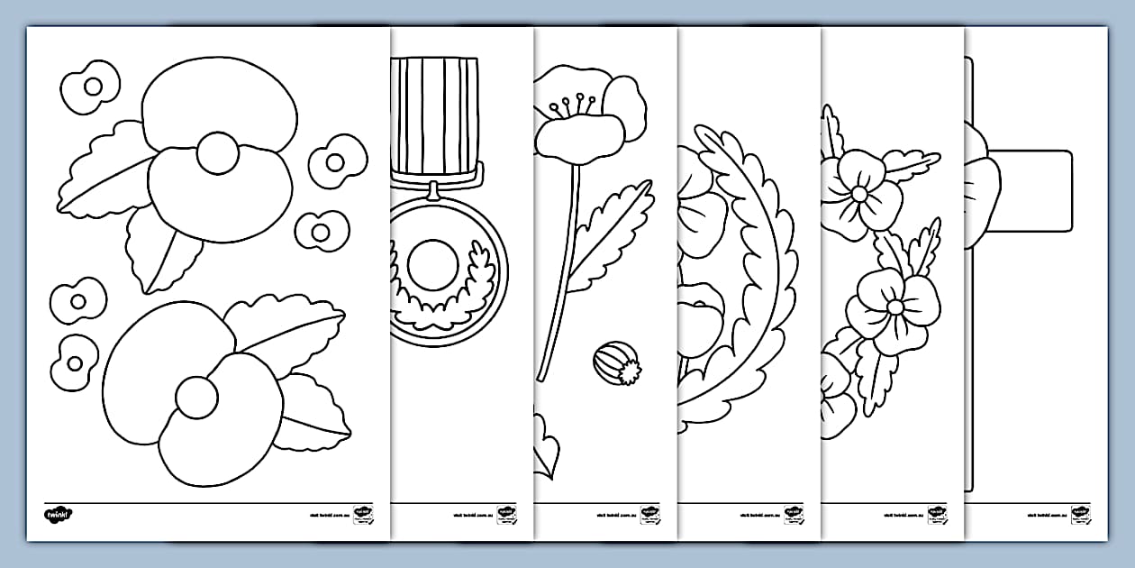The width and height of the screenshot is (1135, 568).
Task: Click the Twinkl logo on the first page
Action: click(58, 515)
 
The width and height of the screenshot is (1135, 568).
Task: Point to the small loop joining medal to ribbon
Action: click(435, 188)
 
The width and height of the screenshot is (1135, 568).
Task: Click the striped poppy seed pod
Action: click(616, 363)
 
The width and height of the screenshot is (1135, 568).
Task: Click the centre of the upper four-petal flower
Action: click(859, 194)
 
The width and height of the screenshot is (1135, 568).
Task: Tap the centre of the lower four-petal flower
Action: click(894, 307)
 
